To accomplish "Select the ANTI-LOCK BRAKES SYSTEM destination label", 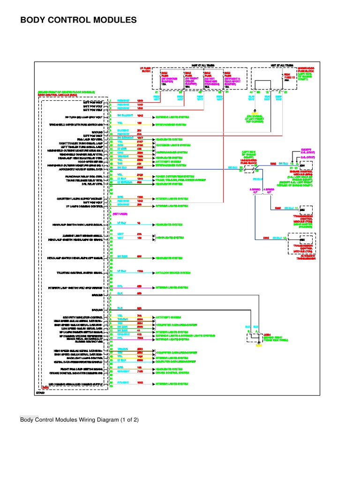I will tap(172, 272).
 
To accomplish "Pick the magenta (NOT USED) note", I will tap(120, 214).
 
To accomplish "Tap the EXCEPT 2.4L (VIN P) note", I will tap(307, 152).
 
